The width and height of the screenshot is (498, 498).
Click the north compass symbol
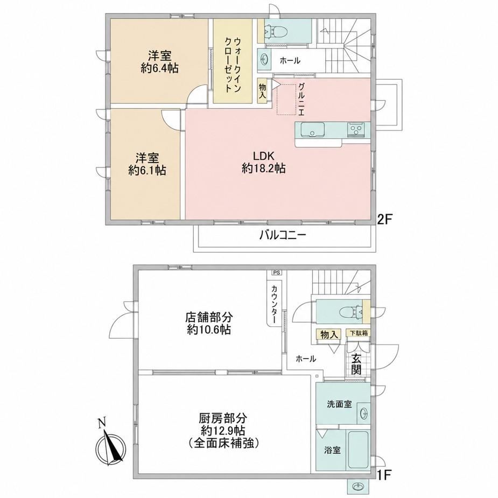pyautogui.click(x=111, y=441)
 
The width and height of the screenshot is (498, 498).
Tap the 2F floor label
pyautogui.click(x=385, y=219)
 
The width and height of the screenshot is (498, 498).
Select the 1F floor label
pyautogui.click(x=384, y=475)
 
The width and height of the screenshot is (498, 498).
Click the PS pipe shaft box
pyautogui.click(x=277, y=272)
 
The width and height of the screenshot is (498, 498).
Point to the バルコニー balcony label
pyautogui.click(x=283, y=235)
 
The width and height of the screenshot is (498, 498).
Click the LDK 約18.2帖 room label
pyautogui.click(x=263, y=162)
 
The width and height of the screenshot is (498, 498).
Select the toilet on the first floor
pyautogui.click(x=351, y=312)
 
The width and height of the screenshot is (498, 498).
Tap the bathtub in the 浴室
pyautogui.click(x=358, y=449)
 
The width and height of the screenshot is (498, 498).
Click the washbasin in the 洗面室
pyautogui.click(x=364, y=413)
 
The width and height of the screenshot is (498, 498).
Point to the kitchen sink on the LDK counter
pyautogui.click(x=313, y=130)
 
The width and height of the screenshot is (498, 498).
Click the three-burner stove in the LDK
pyautogui.click(x=356, y=130)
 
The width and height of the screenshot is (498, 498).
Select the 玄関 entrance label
pyautogui.click(x=356, y=364)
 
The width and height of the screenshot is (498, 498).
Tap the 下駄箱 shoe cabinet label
pyautogui.click(x=357, y=333)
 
